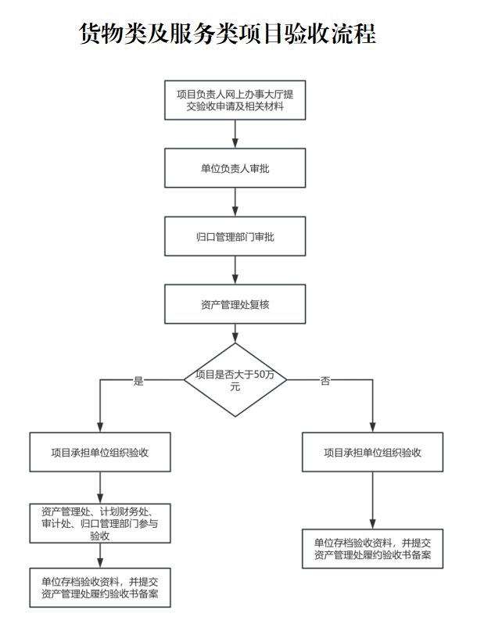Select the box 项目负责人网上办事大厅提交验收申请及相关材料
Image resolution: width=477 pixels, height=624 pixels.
click(x=235, y=100)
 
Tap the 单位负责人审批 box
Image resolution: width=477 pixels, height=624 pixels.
click(x=235, y=168)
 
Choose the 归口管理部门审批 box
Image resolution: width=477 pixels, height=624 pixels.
click(x=235, y=236)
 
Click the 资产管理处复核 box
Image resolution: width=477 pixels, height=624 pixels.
click(x=235, y=304)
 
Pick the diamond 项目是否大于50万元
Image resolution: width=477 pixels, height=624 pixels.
click(x=235, y=380)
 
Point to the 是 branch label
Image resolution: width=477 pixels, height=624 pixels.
click(x=139, y=381)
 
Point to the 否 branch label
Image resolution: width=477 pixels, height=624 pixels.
click(x=325, y=381)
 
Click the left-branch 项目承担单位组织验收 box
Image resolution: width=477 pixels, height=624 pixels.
click(x=100, y=452)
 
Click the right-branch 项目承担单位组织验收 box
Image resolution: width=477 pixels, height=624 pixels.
click(x=373, y=452)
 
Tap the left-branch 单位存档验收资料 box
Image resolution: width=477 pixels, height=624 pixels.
click(x=100, y=587)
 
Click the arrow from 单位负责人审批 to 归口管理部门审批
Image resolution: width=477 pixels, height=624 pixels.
click(x=235, y=202)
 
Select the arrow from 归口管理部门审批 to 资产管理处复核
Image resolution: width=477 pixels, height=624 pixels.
click(x=235, y=270)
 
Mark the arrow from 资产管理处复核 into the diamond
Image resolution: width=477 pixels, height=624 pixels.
click(x=235, y=332)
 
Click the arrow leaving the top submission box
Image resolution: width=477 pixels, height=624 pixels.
click(x=235, y=134)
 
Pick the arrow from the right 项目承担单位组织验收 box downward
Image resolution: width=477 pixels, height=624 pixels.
click(x=373, y=500)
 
